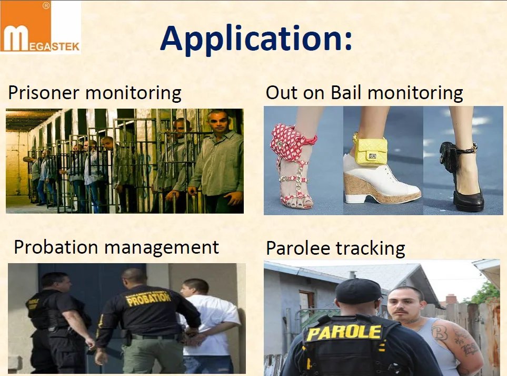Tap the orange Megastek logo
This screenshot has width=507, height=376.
(x=40, y=26)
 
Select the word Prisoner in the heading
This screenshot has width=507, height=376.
(x=44, y=93)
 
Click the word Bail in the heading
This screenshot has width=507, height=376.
(x=346, y=92)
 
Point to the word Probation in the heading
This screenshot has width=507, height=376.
(x=56, y=247)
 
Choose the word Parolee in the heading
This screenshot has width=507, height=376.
(x=299, y=248)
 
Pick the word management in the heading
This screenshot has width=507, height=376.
(x=162, y=247)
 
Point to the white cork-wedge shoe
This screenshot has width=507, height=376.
(x=382, y=181)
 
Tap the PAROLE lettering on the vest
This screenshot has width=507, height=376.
(x=344, y=333)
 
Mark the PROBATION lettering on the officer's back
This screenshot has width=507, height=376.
(x=148, y=298)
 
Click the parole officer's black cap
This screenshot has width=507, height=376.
(x=358, y=290)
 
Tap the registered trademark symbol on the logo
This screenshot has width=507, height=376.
(x=46, y=5)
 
